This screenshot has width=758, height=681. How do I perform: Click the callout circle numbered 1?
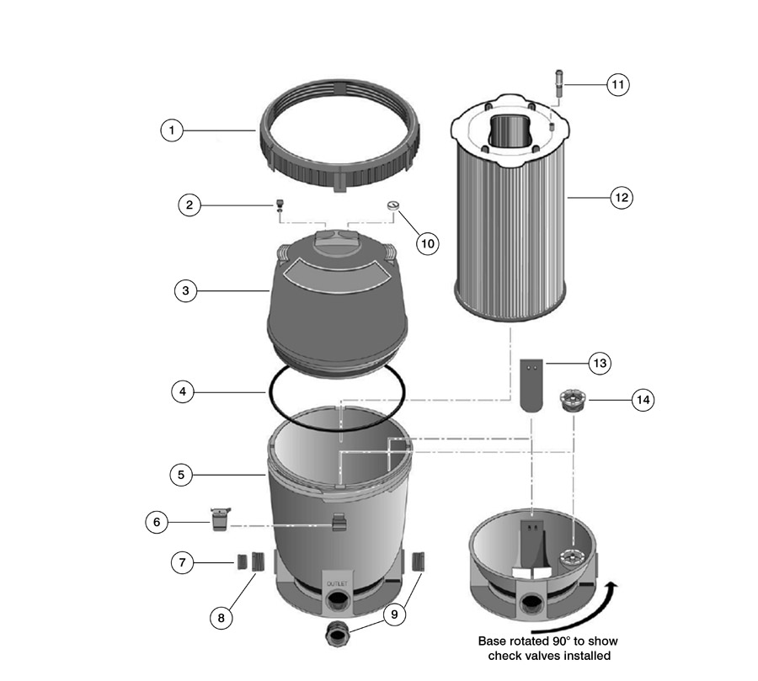[x=172, y=130]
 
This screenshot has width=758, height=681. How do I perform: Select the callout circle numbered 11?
[x=618, y=84]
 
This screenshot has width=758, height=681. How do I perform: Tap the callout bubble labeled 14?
[x=643, y=400]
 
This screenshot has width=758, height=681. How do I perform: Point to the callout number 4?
[x=183, y=391]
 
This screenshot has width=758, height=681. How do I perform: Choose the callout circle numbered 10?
[x=428, y=243]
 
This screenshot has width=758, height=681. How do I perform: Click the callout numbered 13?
[x=600, y=363]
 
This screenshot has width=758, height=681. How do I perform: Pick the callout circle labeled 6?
[x=157, y=522]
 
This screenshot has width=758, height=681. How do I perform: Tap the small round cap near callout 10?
[x=393, y=206]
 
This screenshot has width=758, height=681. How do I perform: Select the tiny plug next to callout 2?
[x=279, y=205]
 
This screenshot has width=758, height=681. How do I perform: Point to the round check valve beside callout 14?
[x=573, y=400]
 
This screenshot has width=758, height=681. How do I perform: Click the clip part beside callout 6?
[x=220, y=519]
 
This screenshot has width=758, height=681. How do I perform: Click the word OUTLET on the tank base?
[x=337, y=584]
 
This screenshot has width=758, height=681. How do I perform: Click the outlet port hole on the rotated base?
[x=531, y=604]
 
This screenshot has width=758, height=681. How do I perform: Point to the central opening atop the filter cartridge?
[x=511, y=129]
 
